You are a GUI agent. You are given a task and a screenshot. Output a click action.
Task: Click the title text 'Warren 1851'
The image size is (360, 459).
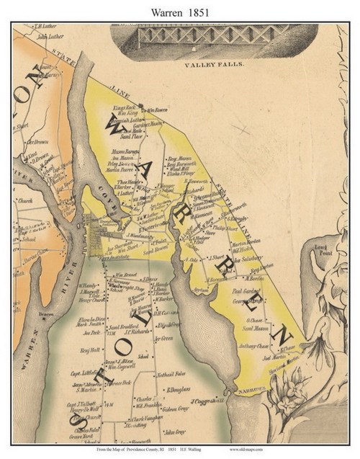pyautogui.click(x=179, y=9)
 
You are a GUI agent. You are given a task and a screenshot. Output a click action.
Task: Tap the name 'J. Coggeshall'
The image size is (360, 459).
pyautogui.click(x=205, y=401)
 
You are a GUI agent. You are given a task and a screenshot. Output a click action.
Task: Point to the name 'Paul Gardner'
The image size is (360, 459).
pyautogui.click(x=245, y=292)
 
